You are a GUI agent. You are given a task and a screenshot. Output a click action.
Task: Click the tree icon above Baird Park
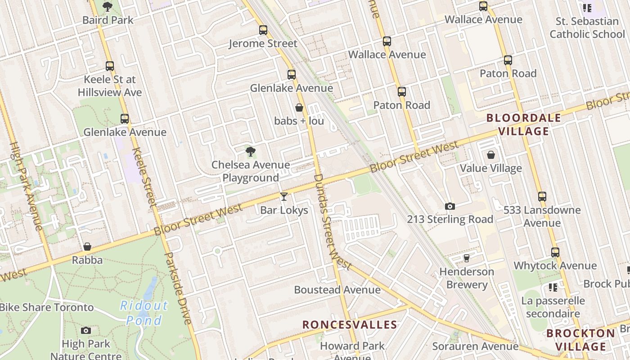point(107,6)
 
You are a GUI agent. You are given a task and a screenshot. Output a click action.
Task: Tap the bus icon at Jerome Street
point(263,30)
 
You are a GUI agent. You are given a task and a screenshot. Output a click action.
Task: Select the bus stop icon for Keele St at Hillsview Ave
point(110,66)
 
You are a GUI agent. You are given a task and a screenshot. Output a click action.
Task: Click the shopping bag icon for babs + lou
point(299,108)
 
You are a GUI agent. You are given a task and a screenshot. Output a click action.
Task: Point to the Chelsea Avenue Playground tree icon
point(251,152)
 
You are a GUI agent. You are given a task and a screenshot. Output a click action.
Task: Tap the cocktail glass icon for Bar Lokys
point(284,197)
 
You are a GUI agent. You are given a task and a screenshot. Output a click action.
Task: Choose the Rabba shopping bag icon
point(87,247)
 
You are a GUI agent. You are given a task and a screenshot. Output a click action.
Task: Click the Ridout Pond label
point(144,313)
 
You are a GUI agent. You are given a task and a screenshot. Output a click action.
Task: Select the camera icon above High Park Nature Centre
point(86,330)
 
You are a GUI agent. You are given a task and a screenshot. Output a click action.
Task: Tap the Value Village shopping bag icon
point(491,155)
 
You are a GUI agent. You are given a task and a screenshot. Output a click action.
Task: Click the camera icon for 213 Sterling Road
point(450,206)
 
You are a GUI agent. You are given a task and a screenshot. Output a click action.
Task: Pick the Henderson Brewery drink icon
point(467,258)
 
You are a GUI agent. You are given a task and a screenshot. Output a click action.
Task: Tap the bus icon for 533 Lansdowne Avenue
point(542,197)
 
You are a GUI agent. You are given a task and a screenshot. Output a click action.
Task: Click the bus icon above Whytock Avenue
point(555,252)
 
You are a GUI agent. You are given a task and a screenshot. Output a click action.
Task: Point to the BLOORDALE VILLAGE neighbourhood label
point(524,125)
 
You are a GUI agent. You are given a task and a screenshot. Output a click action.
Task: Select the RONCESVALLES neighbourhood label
point(350,324)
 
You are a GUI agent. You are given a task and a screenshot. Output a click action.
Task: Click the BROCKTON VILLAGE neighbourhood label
point(580,340)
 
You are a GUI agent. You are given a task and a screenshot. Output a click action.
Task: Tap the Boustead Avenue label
point(337,290)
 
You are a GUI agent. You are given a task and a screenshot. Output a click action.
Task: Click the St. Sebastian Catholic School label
point(587,27)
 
